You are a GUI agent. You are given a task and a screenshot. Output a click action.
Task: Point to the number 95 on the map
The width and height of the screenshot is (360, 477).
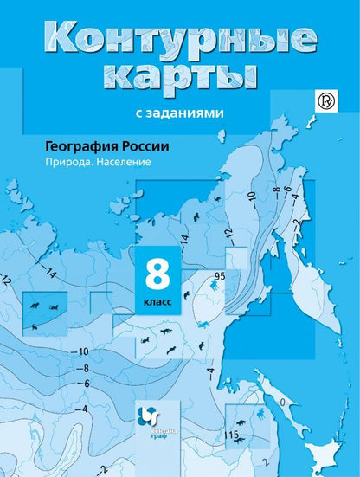(x=220, y=276)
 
